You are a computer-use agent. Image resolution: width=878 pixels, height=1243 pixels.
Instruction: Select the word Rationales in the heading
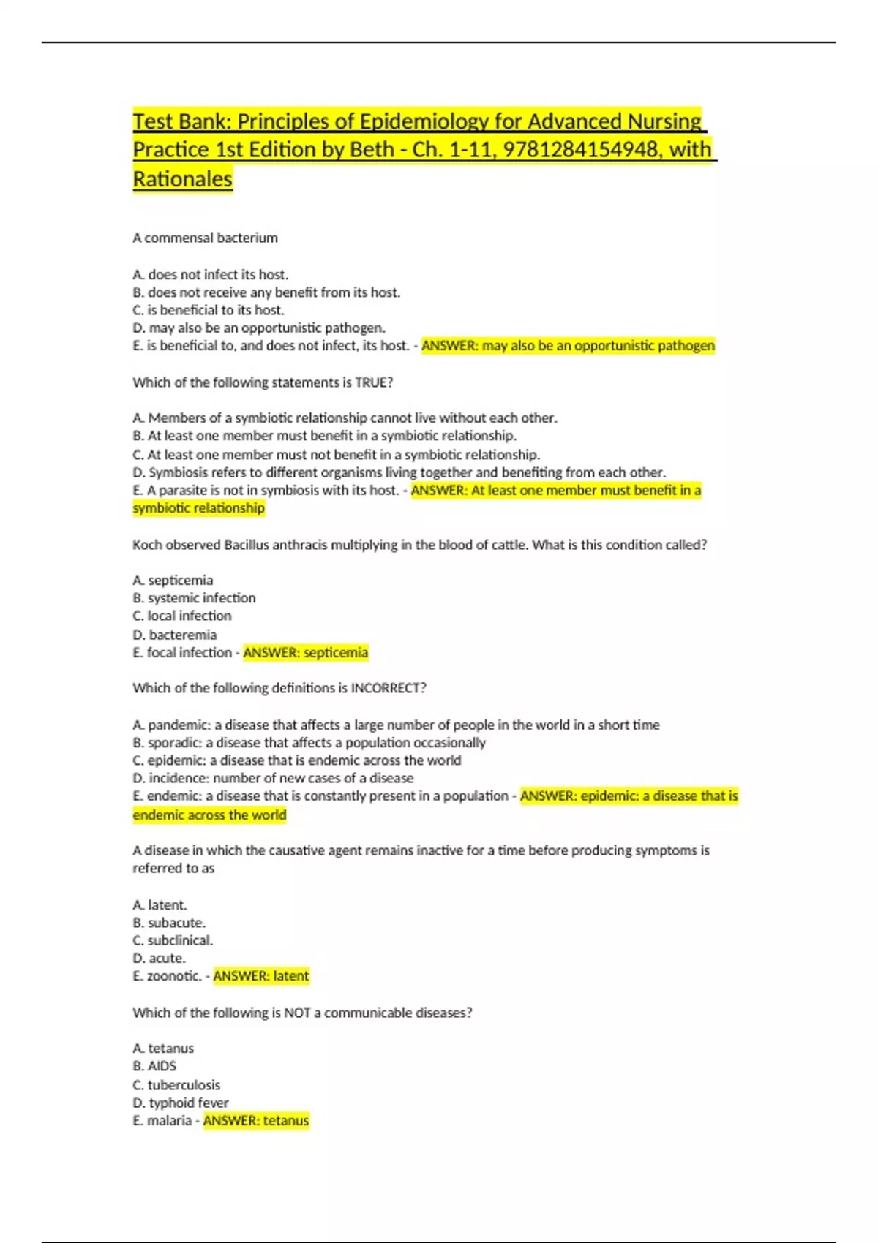182,179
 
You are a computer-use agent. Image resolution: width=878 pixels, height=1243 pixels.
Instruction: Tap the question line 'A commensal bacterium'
205,238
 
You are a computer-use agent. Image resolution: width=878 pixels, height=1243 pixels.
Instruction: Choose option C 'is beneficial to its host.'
209,310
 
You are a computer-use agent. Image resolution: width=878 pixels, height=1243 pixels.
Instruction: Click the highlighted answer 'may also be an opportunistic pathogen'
568,346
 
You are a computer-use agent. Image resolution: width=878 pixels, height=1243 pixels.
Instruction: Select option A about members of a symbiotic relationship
345,418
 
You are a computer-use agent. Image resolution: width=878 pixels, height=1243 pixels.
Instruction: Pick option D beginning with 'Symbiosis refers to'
399,472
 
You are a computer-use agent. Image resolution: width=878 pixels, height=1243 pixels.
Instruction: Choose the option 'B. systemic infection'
194,598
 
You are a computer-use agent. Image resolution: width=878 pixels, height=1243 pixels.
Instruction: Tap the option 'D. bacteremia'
175,635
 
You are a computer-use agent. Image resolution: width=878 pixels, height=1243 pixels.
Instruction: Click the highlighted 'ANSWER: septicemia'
305,652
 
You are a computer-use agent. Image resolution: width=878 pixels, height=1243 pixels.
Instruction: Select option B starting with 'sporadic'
309,743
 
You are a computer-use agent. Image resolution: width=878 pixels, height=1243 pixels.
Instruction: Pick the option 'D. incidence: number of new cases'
273,778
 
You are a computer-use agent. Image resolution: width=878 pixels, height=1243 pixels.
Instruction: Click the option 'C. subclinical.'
173,940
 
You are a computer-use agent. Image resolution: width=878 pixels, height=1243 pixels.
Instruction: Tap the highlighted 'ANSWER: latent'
261,976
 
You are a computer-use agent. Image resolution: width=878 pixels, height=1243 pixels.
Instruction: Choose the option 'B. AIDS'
154,1066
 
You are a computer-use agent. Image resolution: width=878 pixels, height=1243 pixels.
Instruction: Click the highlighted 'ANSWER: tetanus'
256,1120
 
